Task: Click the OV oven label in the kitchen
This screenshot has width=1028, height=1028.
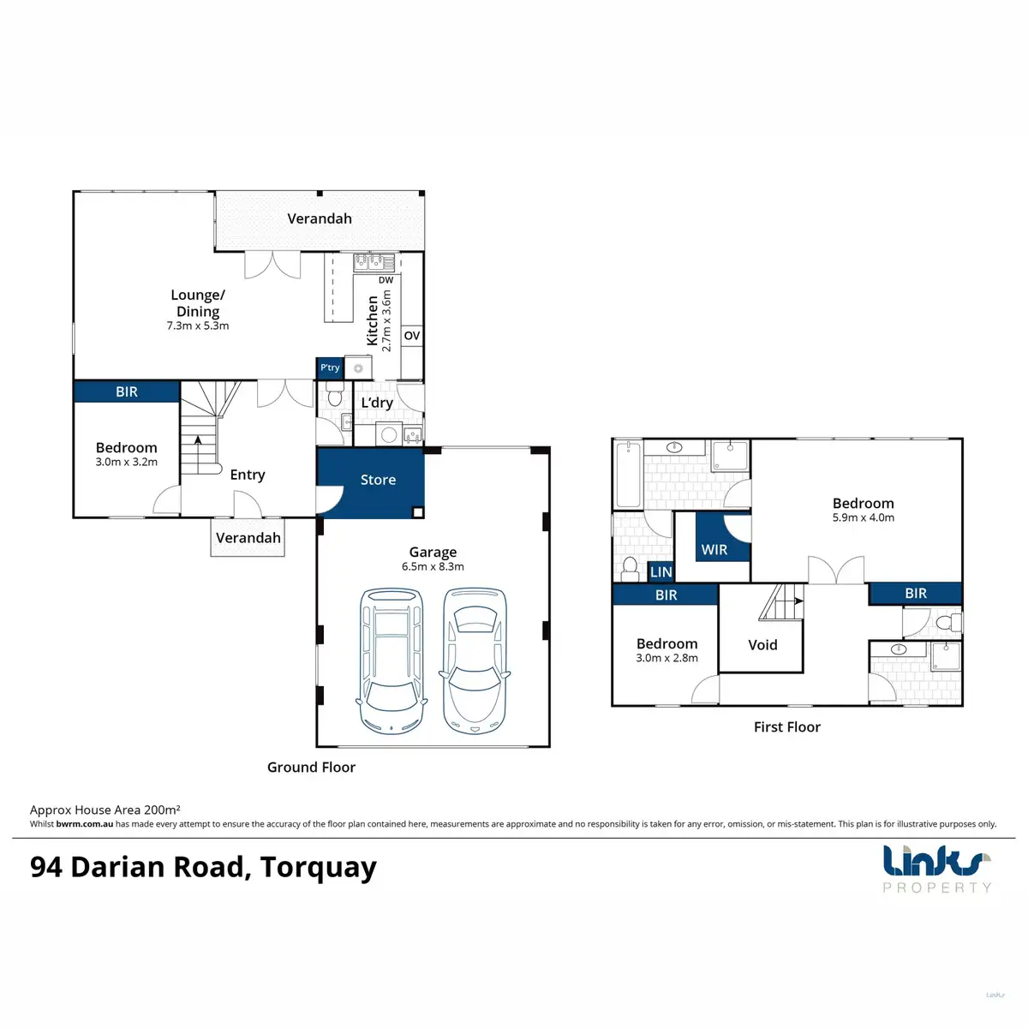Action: [x=412, y=336]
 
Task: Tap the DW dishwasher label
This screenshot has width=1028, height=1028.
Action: [x=385, y=280]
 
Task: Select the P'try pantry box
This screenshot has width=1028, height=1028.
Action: [x=330, y=368]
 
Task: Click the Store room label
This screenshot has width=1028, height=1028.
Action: [x=378, y=480]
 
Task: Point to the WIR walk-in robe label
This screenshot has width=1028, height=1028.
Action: [x=714, y=549]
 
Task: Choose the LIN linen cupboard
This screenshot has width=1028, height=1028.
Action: [x=661, y=572]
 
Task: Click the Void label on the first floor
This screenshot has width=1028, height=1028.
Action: [x=762, y=645]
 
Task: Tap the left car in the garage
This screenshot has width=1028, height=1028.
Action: [x=391, y=661]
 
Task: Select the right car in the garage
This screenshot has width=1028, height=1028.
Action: [x=475, y=661]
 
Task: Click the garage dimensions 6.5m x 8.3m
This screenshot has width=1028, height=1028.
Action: [x=433, y=566]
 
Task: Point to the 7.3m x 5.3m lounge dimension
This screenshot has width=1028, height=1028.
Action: [x=197, y=326]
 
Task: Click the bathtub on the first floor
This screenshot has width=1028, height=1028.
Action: [x=629, y=475]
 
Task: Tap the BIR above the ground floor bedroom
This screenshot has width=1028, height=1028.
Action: [x=127, y=391]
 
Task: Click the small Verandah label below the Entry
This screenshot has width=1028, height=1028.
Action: [x=248, y=538]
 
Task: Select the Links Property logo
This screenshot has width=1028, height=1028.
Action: [x=937, y=869]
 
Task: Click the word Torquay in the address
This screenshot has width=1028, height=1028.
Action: [x=319, y=868]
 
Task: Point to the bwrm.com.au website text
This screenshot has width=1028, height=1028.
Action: [x=84, y=823]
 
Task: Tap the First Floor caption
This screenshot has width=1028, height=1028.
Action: [x=787, y=727]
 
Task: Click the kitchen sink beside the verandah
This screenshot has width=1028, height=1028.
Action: [x=374, y=262]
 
